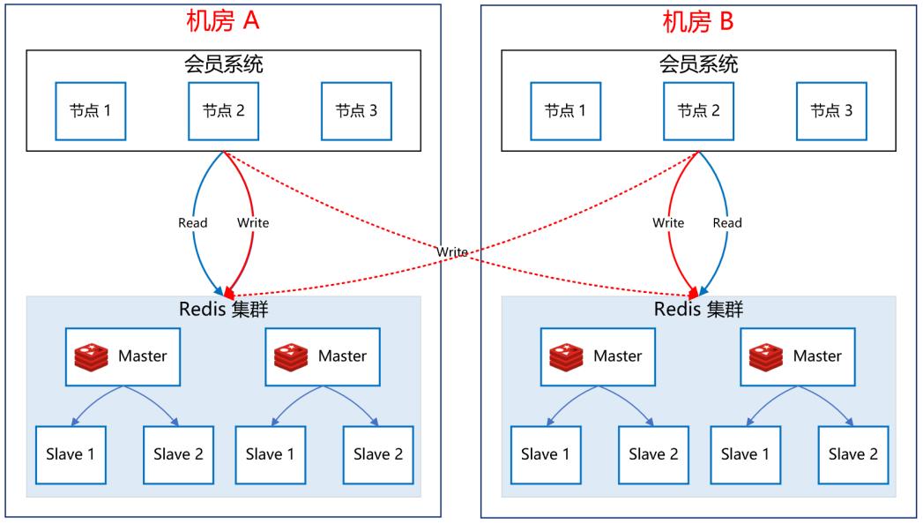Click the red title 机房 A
tap(222, 21)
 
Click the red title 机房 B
tap(697, 21)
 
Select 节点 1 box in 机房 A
tap(91, 111)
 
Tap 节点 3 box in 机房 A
tap(357, 111)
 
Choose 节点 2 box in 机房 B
tap(699, 111)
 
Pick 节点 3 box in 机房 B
tap(832, 111)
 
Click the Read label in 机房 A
tap(192, 222)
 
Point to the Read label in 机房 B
tap(727, 222)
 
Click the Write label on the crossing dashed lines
tap(452, 252)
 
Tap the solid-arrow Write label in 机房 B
tap(668, 222)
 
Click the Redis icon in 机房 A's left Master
tap(91, 356)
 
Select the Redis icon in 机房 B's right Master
tap(766, 356)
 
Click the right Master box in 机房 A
tap(323, 356)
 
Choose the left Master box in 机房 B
tap(598, 356)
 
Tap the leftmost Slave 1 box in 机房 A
tap(71, 455)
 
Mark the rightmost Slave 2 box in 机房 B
tap(853, 455)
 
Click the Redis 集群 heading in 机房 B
tap(699, 309)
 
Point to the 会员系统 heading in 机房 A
tap(224, 64)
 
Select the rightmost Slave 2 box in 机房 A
tap(378, 455)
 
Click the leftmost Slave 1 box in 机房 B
tap(546, 455)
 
